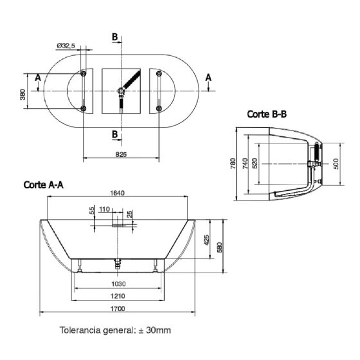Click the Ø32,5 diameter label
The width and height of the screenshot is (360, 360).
tap(66, 46)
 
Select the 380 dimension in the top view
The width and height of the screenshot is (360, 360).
tap(22, 94)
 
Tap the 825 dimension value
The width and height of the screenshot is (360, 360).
tap(121, 154)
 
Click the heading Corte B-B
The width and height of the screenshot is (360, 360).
tap(267, 114)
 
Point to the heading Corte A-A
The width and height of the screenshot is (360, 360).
tap(44, 185)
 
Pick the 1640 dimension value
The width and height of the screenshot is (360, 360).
tap(117, 193)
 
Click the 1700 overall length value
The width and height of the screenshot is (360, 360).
tap(118, 309)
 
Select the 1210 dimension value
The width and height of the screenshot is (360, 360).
tap(118, 296)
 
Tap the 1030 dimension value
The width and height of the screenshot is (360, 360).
tap(118, 284)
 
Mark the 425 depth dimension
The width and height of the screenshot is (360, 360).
tap(206, 240)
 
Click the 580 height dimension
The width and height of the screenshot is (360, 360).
tap(219, 248)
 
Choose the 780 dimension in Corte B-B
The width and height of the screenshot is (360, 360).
tap(233, 163)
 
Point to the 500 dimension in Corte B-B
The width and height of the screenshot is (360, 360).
tap(336, 164)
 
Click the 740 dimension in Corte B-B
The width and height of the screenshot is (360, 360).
tap(246, 163)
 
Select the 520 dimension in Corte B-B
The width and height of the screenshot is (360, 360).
tap(255, 163)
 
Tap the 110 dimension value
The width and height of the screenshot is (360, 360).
tap(104, 209)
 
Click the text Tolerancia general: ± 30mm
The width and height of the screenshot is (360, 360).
tap(115, 330)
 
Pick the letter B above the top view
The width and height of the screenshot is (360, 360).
tap(114, 37)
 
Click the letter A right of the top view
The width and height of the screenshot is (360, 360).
tap(208, 77)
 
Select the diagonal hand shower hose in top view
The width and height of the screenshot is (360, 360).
tap(131, 79)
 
